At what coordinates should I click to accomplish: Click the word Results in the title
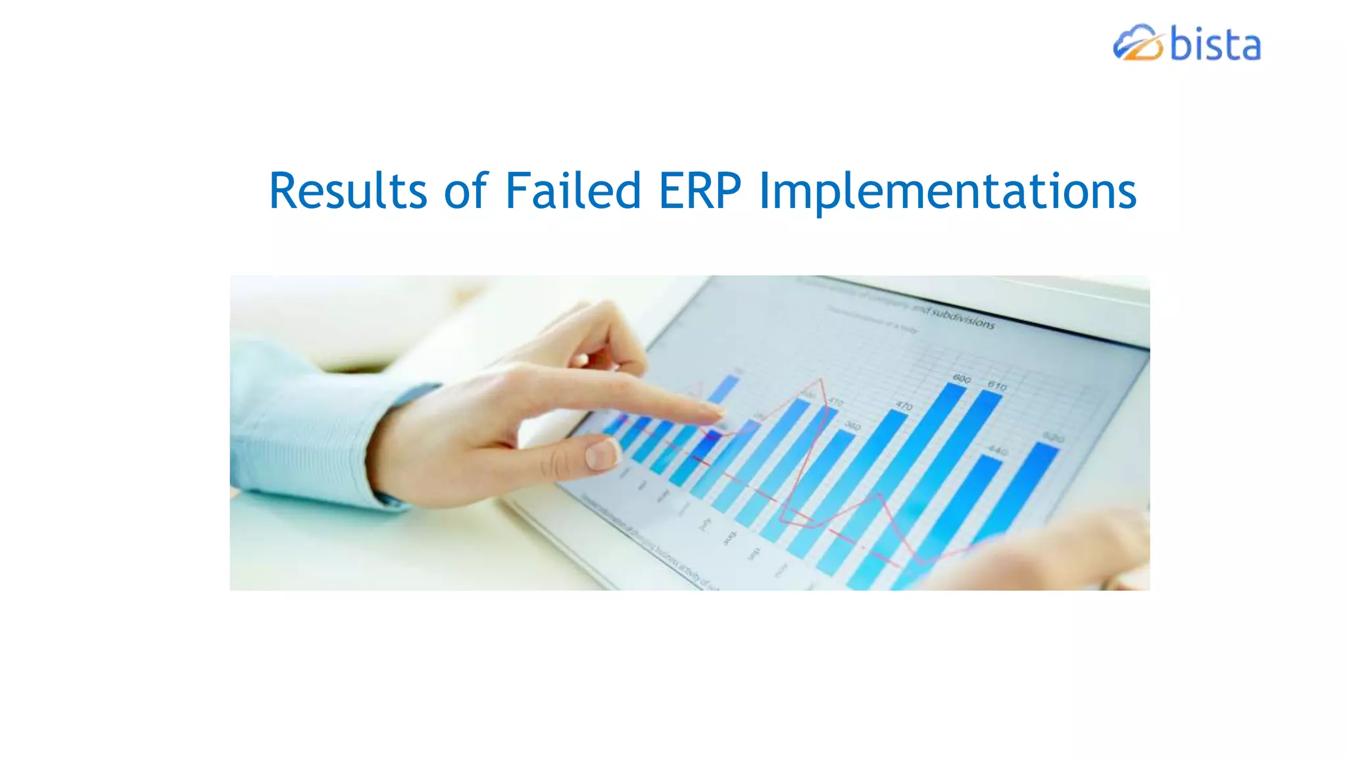tap(348, 191)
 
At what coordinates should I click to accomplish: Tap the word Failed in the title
tap(573, 191)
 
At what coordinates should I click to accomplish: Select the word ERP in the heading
tap(700, 191)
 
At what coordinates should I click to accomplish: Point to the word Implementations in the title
tap(948, 191)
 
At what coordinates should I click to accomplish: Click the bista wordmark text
tap(1215, 45)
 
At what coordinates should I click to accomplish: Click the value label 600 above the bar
tap(962, 379)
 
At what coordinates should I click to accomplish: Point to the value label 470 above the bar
tap(904, 406)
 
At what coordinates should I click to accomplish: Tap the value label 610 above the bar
tap(997, 386)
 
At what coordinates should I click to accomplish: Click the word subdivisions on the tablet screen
tap(964, 318)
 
